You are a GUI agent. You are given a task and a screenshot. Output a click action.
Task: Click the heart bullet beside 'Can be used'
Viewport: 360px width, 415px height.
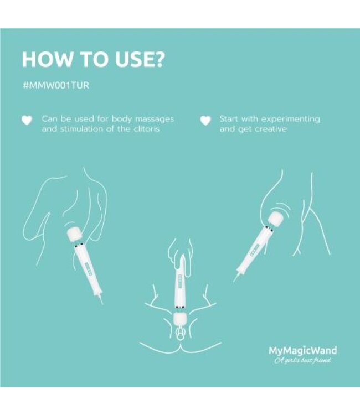[25, 120]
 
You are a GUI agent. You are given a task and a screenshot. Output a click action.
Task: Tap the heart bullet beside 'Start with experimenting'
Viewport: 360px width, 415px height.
[205, 120]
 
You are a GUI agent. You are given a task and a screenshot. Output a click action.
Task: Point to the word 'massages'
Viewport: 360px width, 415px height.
[155, 119]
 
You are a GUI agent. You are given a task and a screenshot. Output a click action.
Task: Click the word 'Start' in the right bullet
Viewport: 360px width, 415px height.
[229, 119]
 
